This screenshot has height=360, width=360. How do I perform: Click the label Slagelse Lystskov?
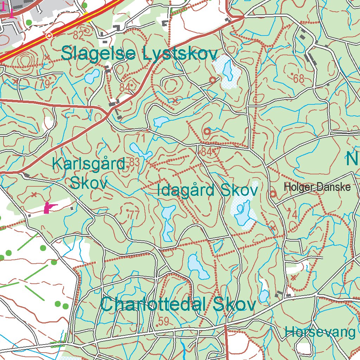(139, 54)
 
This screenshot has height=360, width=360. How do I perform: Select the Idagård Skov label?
(207, 191)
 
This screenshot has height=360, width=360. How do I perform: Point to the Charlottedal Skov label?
(178, 305)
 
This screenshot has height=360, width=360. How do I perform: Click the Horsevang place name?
(320, 332)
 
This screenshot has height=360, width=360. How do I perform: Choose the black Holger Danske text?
(317, 187)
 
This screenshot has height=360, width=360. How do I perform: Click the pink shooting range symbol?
(50, 208)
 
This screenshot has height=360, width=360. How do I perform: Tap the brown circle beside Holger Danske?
(273, 194)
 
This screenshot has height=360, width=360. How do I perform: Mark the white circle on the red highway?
(49, 36)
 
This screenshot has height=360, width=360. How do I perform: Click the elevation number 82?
(79, 35)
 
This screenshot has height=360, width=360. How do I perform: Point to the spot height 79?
(45, 84)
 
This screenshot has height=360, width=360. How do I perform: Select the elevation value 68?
(298, 79)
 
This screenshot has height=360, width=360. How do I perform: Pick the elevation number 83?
(134, 162)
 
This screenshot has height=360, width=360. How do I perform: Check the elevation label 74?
(292, 214)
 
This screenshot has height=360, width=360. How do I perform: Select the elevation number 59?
(163, 321)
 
